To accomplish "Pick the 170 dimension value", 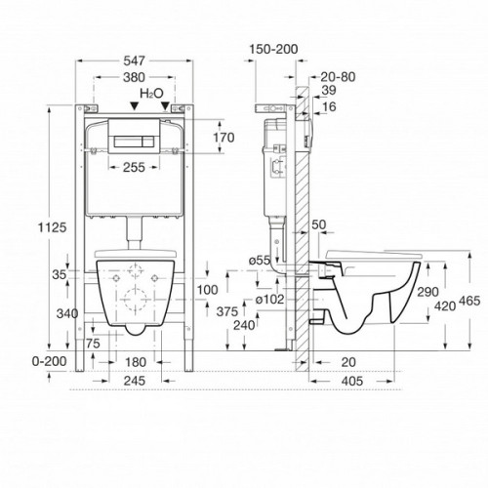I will [224, 138].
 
